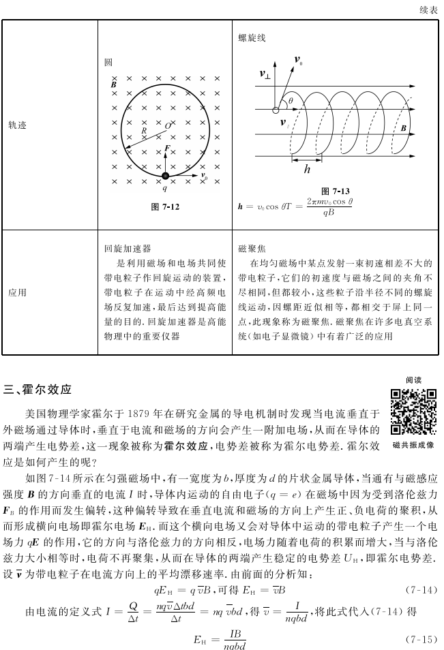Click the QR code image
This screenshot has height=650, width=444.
413,412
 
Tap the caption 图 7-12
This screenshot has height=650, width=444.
164,206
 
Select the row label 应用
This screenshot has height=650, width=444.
18,292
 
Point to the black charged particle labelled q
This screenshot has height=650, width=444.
165,176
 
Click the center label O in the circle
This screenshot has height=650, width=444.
168,126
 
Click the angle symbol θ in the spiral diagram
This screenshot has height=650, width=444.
291,100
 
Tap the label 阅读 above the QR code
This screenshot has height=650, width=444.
413,380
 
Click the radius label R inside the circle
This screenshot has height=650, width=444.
143,130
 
